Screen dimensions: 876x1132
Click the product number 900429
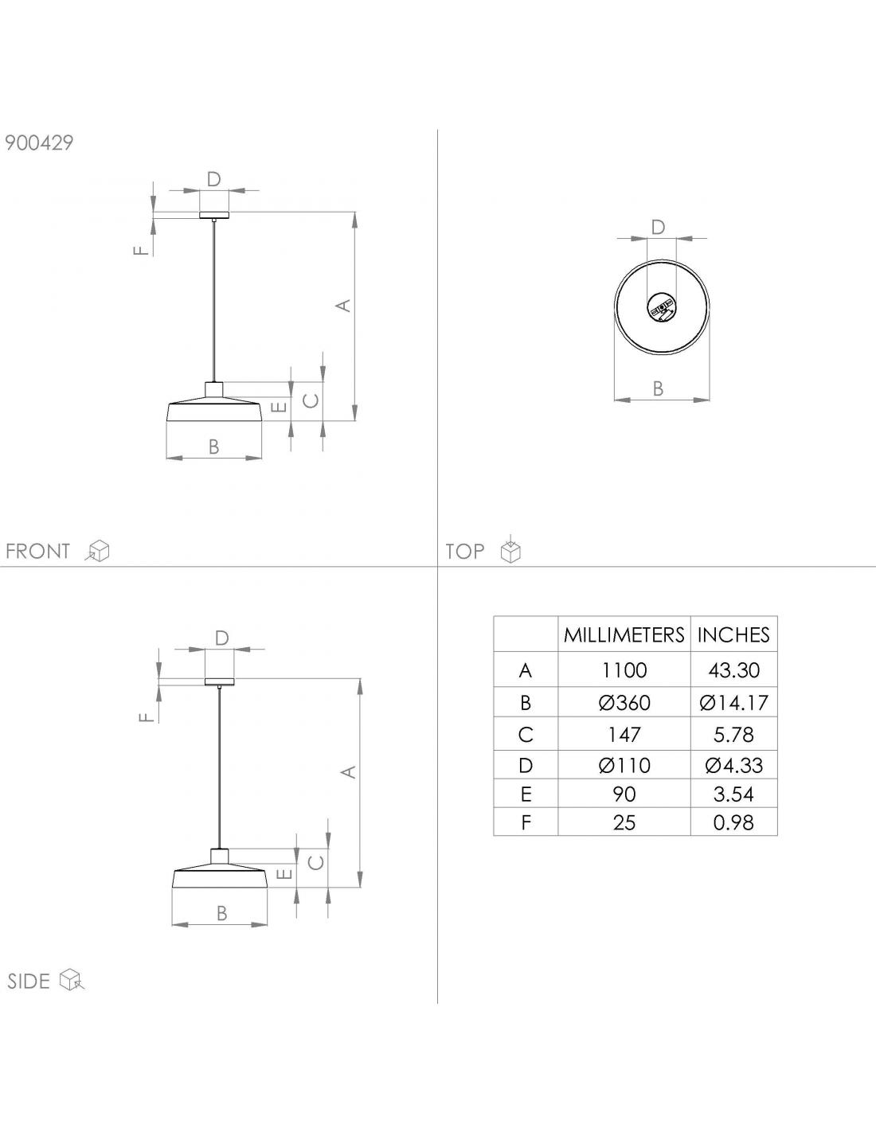point(39,142)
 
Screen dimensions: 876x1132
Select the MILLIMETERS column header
point(624,634)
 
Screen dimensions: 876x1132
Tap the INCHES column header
point(733,634)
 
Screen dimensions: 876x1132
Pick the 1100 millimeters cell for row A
point(624,670)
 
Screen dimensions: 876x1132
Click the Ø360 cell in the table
point(624,703)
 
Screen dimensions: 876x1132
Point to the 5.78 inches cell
point(733,735)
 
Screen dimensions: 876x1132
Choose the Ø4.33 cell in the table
point(733,765)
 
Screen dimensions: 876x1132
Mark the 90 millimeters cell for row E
point(624,794)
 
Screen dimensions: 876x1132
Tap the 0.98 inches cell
point(733,822)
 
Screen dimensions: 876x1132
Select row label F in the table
point(526,822)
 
